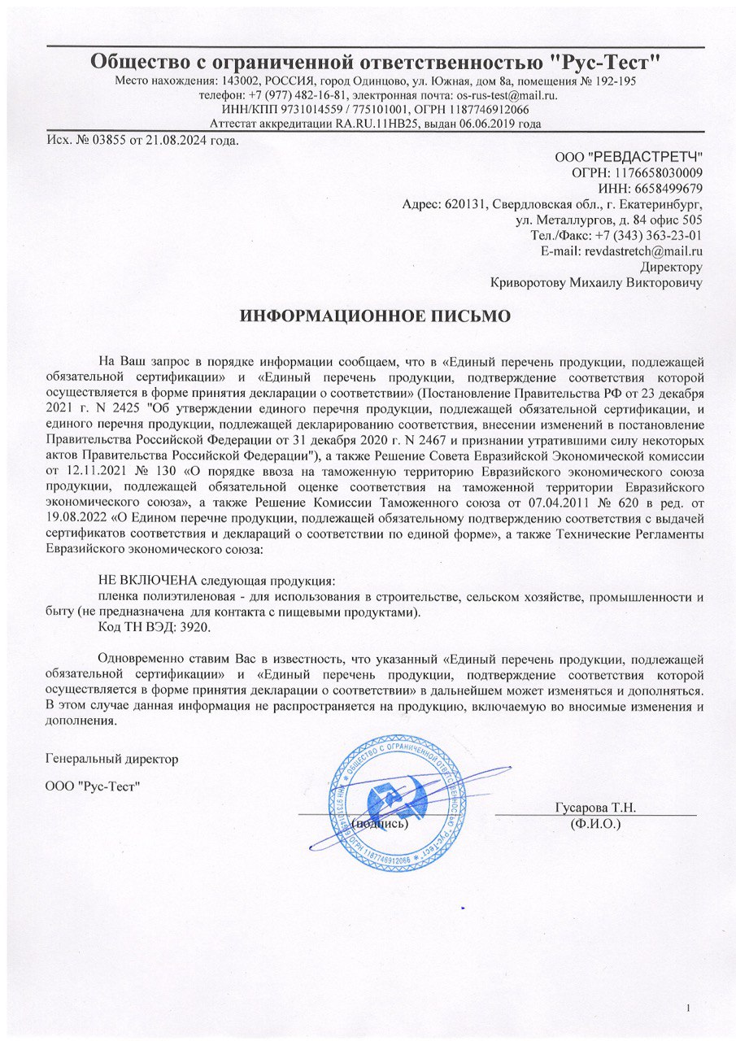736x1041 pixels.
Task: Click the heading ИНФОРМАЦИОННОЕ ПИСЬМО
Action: click(373, 316)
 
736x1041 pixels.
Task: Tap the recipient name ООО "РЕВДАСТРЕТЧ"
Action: click(629, 156)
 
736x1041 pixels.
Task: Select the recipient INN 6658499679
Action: click(669, 188)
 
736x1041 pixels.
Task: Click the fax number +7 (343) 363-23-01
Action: click(649, 236)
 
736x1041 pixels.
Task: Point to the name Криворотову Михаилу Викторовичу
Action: click(597, 283)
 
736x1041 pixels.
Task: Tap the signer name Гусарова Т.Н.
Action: click(595, 808)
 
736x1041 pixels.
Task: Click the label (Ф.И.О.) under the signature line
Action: click(596, 824)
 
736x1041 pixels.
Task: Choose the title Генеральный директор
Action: click(111, 759)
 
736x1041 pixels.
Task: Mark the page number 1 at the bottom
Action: click(688, 1009)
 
